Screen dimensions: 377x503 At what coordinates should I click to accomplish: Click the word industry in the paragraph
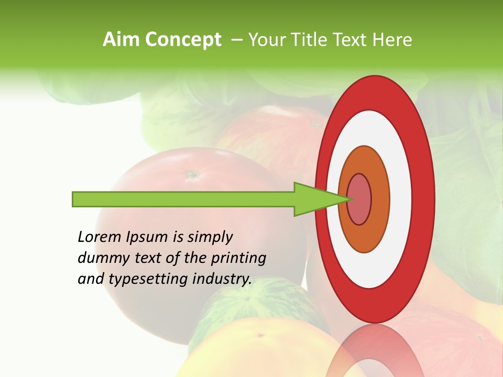click(222, 279)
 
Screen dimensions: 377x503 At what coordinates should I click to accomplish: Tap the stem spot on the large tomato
click(192, 173)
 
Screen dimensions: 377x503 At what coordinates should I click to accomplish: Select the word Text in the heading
click(352, 40)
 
